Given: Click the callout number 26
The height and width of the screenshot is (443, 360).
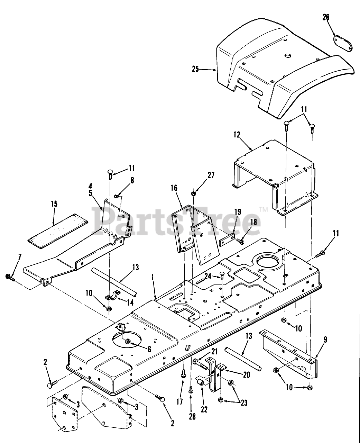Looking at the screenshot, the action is pos(326,17).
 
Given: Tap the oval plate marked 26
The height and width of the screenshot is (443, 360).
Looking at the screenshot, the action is pos(343,43).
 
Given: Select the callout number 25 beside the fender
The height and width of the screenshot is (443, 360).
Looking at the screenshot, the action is pos(195,69).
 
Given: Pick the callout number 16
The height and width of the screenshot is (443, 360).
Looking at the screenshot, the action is pos(174,188).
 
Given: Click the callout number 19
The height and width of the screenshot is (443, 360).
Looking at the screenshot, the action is pos(238,212).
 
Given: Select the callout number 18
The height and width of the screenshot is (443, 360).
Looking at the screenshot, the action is pos(253,222).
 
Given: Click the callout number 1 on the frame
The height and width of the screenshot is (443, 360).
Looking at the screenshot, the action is pos(153,277).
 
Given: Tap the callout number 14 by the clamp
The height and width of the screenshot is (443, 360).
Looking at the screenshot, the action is pos(130,302).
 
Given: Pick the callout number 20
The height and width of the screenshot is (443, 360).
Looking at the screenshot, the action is pos(247,375).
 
